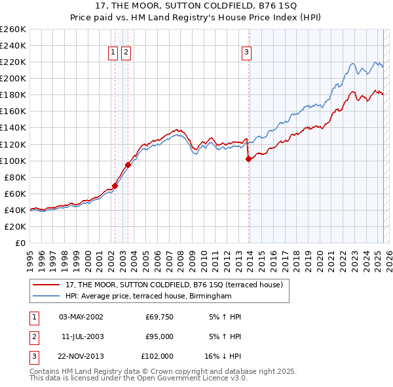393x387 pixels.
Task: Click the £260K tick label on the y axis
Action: (x=13, y=30)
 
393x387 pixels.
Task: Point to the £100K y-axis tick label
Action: (x=13, y=161)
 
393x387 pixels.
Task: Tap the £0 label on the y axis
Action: (x=20, y=243)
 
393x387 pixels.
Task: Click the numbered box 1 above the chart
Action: (x=113, y=53)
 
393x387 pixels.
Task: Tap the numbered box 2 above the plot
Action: (x=126, y=53)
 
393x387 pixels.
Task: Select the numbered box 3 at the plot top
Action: (x=247, y=53)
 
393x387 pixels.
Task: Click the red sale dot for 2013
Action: (x=249, y=158)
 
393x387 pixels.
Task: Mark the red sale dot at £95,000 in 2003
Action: (x=128, y=165)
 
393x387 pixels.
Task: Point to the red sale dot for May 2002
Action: (x=115, y=186)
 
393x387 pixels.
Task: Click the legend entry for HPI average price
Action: (x=149, y=296)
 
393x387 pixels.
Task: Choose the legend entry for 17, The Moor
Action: (x=174, y=285)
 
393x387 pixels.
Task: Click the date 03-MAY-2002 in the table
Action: (x=81, y=317)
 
